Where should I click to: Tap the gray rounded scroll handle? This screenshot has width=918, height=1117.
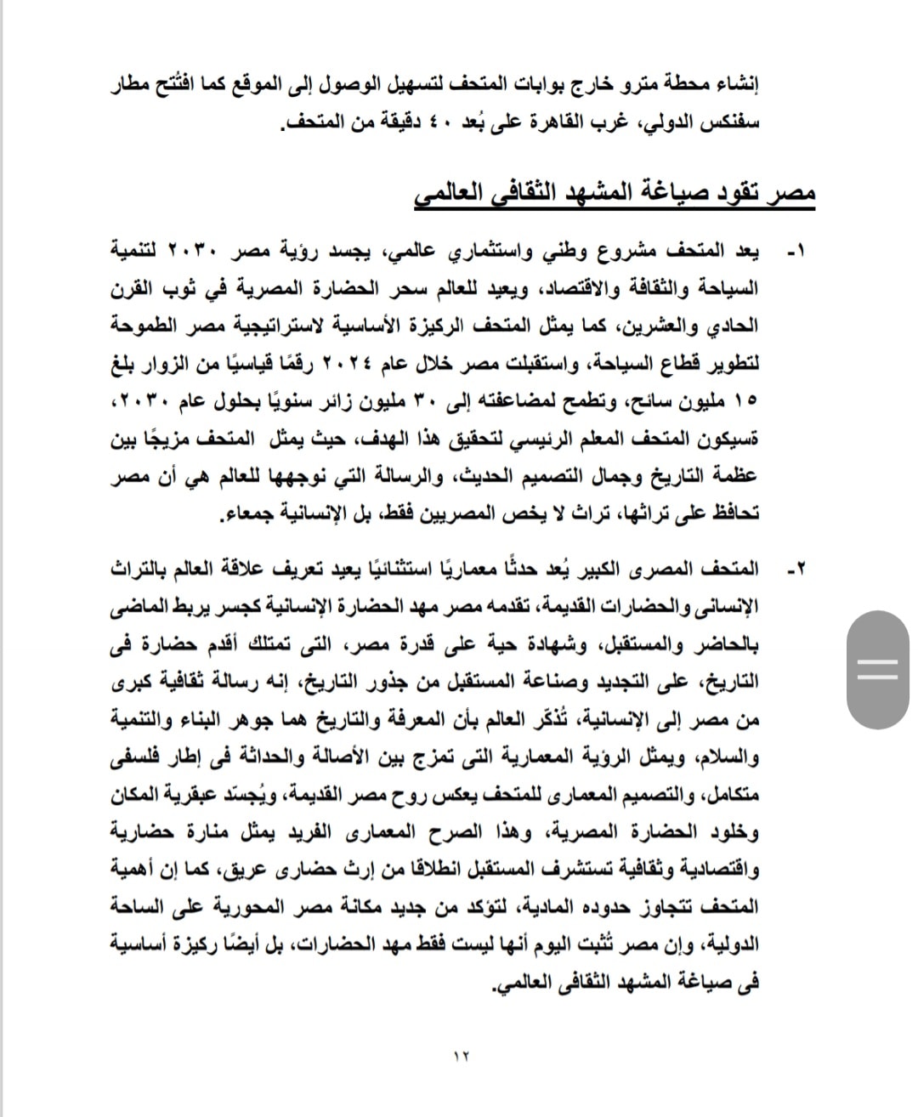[878, 670]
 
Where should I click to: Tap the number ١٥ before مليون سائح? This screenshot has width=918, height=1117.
[746, 402]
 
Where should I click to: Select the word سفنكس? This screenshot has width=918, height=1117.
[734, 122]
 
